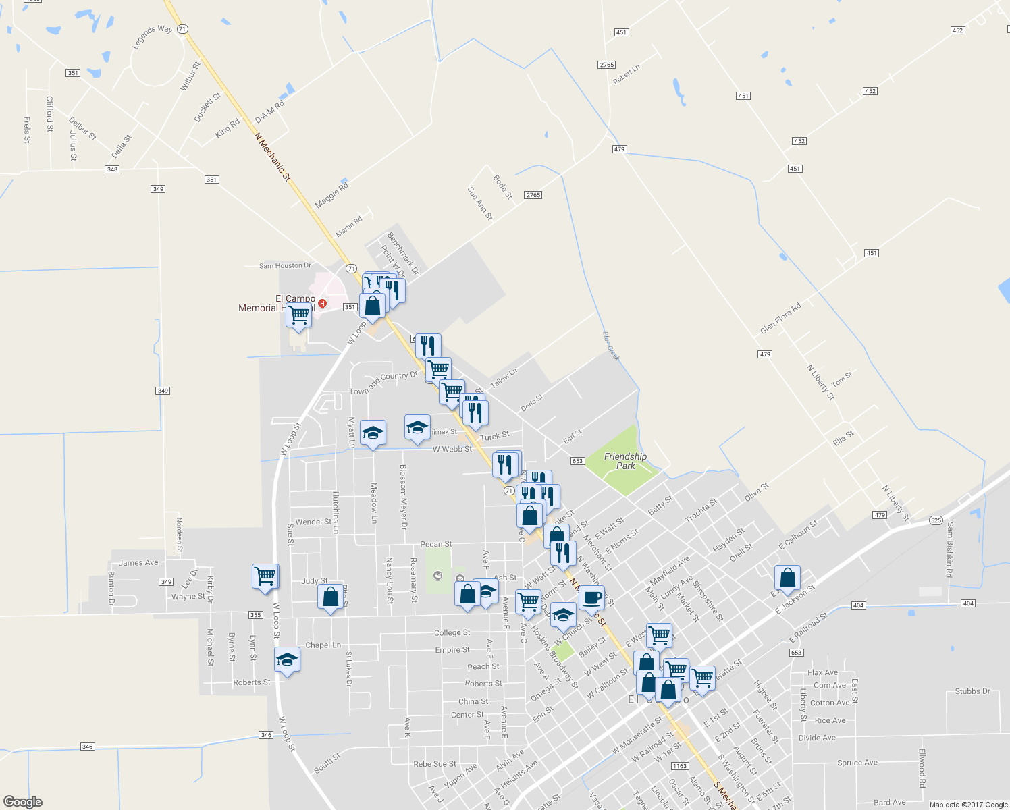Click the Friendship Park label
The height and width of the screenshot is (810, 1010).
click(625, 461)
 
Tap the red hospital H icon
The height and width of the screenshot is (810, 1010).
click(323, 304)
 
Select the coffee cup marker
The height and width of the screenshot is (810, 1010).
click(591, 597)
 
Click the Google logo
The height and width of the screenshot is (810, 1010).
click(22, 802)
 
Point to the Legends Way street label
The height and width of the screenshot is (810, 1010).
click(153, 36)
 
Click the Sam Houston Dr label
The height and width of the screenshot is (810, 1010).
click(286, 266)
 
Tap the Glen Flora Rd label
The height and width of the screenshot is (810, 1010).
click(780, 318)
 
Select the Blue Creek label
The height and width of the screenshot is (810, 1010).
click(610, 346)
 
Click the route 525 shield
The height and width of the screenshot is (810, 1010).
click(935, 520)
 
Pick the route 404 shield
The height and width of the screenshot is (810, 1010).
click(858, 605)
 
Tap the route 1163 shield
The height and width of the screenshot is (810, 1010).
click(680, 766)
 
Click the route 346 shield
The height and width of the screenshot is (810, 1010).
click(88, 747)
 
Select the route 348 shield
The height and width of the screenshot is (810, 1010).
click(112, 169)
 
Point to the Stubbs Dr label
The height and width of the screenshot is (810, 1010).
click(972, 691)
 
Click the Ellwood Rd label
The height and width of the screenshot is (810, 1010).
click(922, 767)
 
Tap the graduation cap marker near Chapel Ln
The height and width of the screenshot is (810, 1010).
click(287, 659)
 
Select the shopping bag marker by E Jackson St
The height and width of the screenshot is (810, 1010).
click(787, 578)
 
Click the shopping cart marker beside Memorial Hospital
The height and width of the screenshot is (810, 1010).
click(298, 315)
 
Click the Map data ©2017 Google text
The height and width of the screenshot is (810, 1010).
click(968, 805)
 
